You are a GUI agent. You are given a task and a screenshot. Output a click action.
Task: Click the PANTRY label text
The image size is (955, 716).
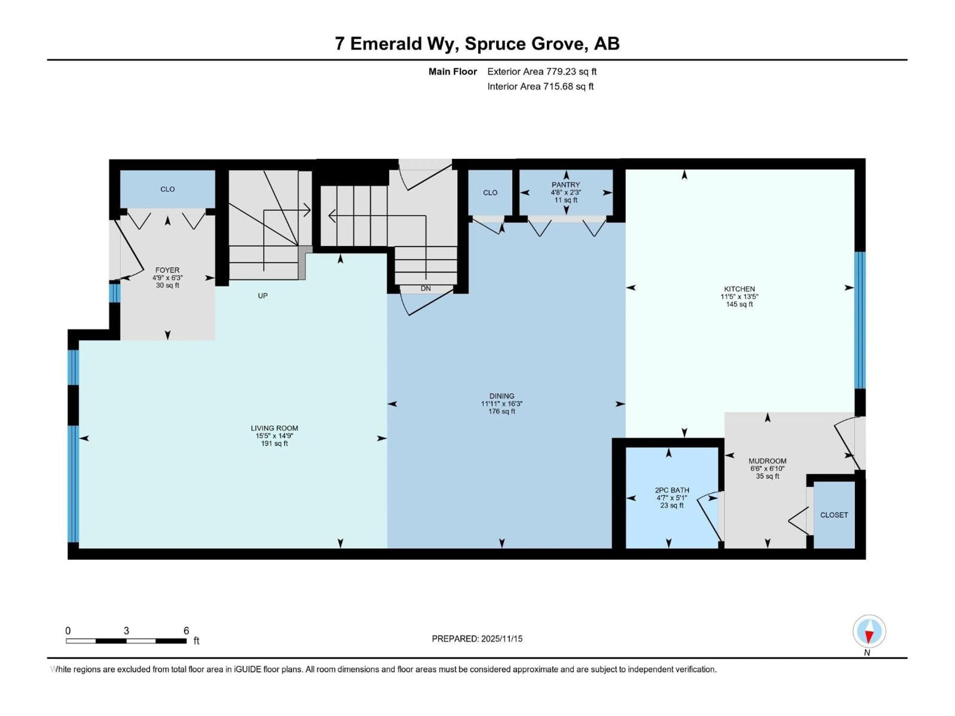tap(566, 185)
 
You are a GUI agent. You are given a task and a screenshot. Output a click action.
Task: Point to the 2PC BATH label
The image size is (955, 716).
tap(672, 490)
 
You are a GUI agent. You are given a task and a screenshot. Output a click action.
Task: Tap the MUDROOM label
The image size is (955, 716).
tap(767, 461)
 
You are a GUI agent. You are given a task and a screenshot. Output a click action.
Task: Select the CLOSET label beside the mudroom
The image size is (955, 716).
tap(834, 515)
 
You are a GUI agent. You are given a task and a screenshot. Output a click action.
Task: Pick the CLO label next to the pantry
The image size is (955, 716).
tap(490, 192)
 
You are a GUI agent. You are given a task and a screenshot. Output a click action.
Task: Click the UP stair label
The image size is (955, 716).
tap(262, 296)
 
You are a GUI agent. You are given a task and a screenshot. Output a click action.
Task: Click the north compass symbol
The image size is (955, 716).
tap(869, 631)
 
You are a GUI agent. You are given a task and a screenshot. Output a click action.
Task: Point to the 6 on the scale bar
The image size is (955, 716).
tap(186, 630)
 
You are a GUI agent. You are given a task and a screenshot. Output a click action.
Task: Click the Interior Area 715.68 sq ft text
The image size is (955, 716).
tap(540, 86)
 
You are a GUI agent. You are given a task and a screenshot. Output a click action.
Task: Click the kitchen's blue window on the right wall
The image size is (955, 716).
tap(859, 320)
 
